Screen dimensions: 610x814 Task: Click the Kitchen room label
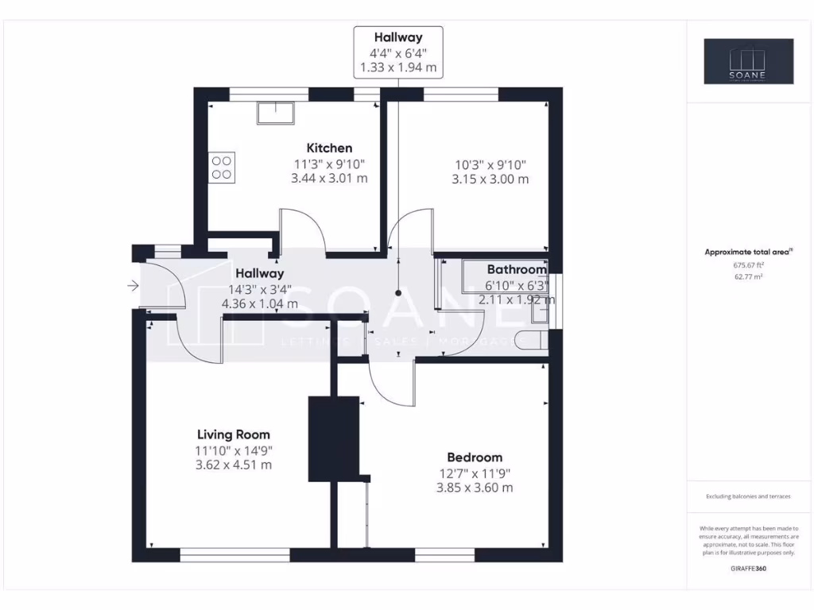click(329, 148)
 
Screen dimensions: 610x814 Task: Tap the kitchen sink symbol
click(274, 113)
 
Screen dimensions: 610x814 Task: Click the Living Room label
click(234, 434)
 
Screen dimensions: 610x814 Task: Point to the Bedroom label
click(475, 457)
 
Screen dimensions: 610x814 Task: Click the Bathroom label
click(517, 269)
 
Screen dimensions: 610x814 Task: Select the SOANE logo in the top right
click(747, 61)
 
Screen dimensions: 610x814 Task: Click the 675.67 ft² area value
click(747, 264)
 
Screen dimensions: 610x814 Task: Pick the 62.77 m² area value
click(747, 276)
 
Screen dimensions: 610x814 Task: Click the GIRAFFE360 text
click(747, 569)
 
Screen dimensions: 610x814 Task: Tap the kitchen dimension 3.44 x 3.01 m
click(329, 179)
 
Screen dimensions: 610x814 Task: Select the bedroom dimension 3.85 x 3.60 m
click(475, 487)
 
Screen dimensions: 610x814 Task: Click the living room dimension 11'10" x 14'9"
click(234, 450)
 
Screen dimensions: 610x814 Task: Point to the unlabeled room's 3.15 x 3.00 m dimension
click(490, 179)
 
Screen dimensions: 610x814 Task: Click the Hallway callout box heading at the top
click(398, 37)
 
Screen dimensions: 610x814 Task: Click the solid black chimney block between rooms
click(335, 438)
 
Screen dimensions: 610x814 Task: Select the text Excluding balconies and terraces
click(747, 496)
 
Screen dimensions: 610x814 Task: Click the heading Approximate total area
click(747, 252)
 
